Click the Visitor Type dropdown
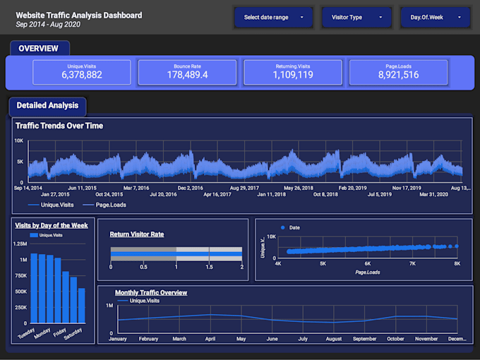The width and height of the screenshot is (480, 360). (356, 17)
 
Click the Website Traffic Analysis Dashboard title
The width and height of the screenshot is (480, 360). (78, 15)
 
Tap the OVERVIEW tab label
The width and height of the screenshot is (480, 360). (39, 49)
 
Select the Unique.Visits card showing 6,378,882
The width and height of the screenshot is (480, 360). (82, 72)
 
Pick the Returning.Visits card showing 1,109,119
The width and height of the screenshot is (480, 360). (293, 72)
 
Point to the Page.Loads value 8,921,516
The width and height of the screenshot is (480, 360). (398, 75)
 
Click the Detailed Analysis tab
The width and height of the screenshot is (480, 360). (47, 106)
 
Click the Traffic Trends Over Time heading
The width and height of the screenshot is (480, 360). (59, 126)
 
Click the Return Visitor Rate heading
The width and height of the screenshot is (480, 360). (137, 234)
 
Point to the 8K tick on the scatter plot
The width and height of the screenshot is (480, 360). (457, 264)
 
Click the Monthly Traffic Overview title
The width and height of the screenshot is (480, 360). (151, 292)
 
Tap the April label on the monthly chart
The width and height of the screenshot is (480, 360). (209, 339)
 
